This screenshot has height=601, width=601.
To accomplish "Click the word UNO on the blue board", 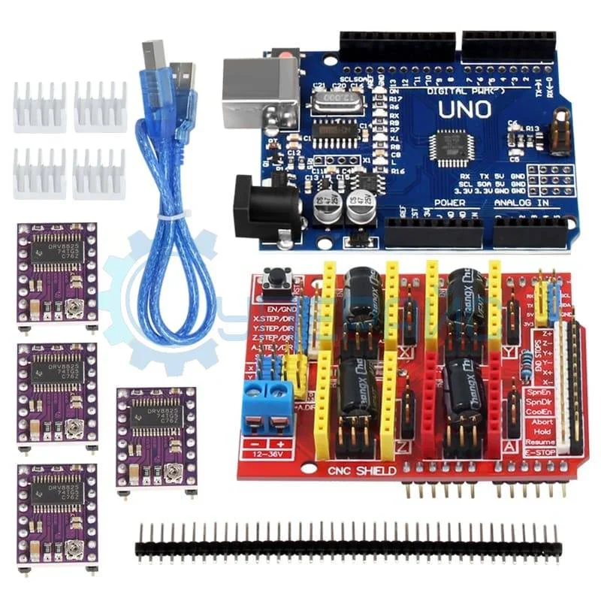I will point(465,110).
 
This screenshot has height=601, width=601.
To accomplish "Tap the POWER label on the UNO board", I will point(449,204).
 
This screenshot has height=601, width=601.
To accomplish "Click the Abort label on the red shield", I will point(542,422).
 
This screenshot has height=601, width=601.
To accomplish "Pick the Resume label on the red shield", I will point(540,442).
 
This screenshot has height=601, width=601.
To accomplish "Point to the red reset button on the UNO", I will point(284,55).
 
